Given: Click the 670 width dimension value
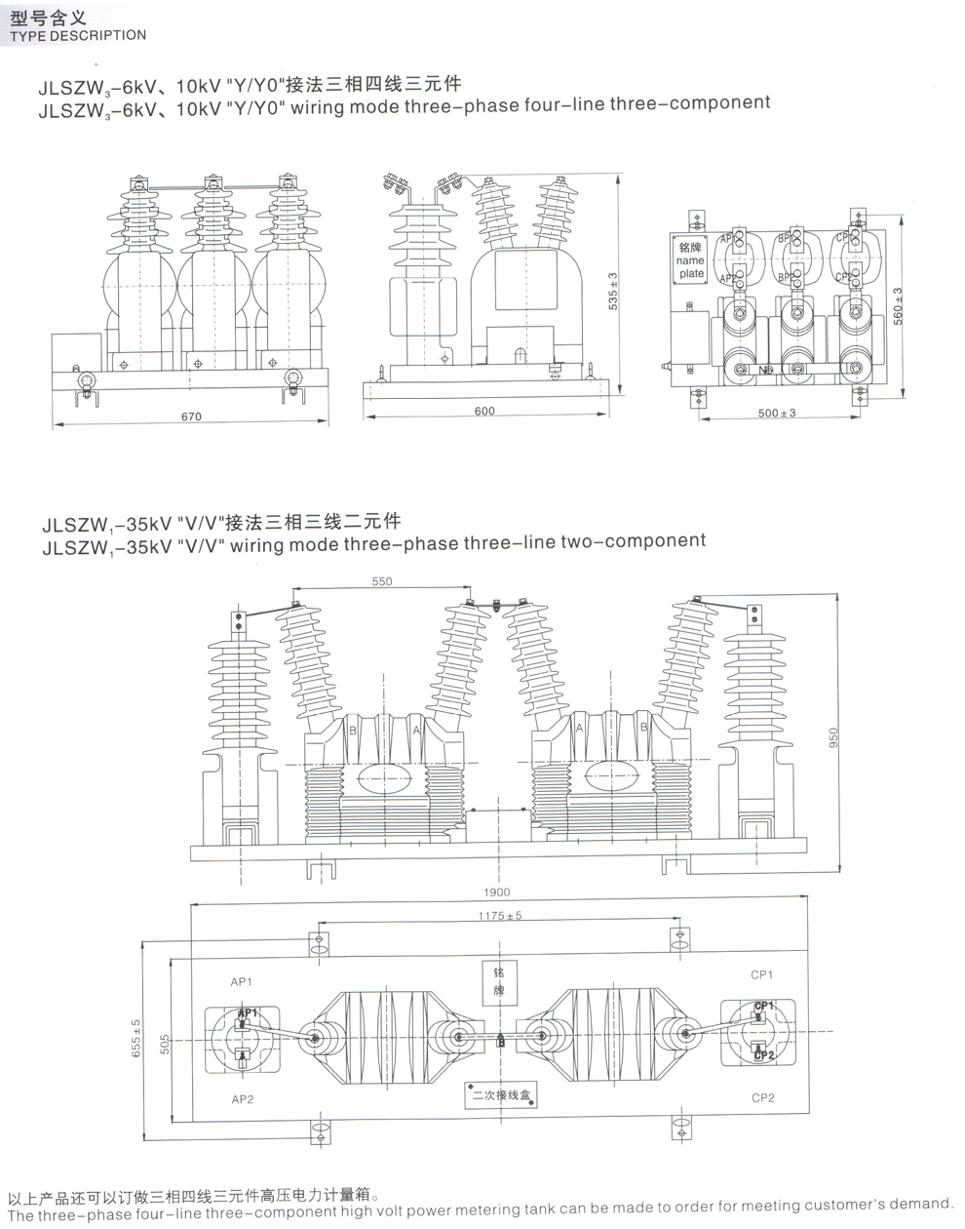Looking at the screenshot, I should click(191, 416).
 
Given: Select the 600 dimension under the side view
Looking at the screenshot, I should click(484, 411).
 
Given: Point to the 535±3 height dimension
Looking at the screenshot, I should click(613, 290).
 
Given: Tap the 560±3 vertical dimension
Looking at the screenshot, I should click(898, 305).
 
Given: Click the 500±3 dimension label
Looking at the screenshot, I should click(777, 413).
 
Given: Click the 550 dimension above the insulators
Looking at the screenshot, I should click(381, 581).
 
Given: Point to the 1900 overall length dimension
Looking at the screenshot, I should click(496, 892).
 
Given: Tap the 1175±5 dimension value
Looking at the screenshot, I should click(500, 916).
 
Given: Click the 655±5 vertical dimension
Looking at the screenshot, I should click(136, 1038).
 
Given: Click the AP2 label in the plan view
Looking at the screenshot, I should click(243, 1099).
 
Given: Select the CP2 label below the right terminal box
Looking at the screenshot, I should click(763, 1098).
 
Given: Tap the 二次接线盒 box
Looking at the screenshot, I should click(500, 1095).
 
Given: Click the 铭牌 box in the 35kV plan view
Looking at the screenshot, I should click(498, 981).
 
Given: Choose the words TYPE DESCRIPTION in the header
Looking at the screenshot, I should click(77, 36).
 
